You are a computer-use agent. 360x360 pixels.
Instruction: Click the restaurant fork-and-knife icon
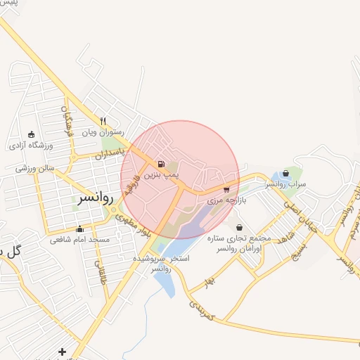[103, 121]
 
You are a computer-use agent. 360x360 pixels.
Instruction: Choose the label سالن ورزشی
[35, 169]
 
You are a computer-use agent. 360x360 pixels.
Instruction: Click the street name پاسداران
[111, 153]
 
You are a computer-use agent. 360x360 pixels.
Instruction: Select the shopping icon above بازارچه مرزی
[226, 189]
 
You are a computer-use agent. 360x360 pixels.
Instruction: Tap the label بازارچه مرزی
[224, 200]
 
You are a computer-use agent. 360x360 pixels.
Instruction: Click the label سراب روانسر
[285, 184]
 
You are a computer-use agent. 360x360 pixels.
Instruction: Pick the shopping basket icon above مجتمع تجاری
[240, 228]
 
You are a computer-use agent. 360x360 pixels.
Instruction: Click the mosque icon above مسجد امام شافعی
[79, 229]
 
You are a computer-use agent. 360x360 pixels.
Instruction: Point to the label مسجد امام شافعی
[79, 240]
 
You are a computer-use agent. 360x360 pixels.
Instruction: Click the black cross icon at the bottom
[63, 351]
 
